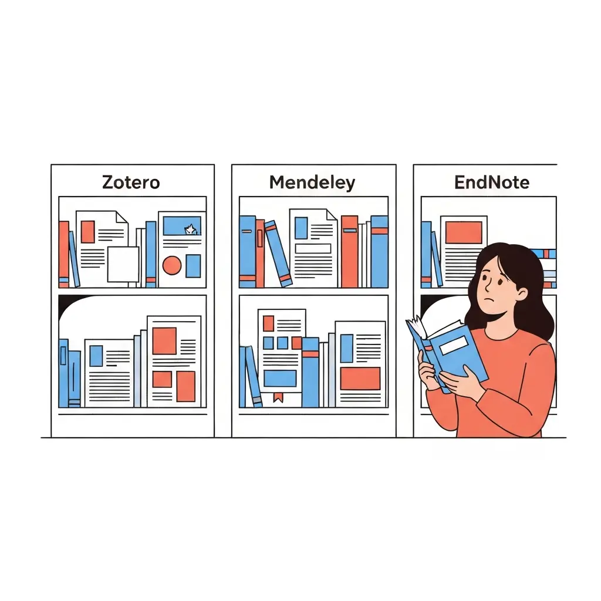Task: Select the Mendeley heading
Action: [x=312, y=183]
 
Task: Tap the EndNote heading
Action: [x=492, y=183]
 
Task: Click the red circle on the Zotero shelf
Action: [x=171, y=266]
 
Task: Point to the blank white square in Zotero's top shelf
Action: [x=123, y=264]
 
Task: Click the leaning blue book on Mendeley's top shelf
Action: [x=278, y=253]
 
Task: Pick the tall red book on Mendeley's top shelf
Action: [x=349, y=251]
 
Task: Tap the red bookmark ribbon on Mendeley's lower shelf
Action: [x=278, y=397]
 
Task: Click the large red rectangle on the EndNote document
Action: [x=463, y=232]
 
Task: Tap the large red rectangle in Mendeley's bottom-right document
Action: [x=360, y=379]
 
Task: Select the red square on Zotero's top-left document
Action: [x=87, y=231]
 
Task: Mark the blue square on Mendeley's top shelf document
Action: [x=301, y=228]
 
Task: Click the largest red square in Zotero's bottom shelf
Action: [x=164, y=340]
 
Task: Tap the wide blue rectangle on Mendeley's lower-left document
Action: [x=279, y=379]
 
